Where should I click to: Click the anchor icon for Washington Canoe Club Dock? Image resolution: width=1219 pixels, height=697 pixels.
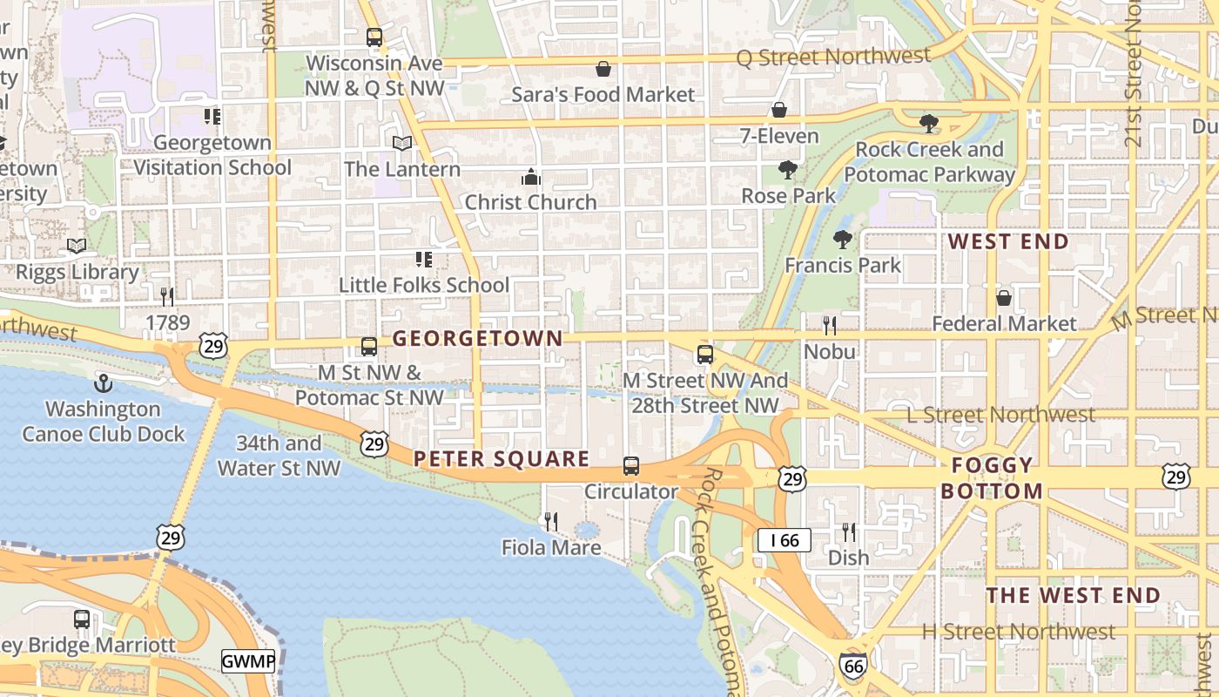coord(103,383)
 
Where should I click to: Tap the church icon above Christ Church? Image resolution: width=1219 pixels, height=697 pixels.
coord(530,178)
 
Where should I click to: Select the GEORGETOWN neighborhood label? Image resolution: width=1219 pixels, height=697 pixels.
coord(477,339)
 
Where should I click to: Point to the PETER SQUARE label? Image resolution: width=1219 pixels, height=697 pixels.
coord(502,459)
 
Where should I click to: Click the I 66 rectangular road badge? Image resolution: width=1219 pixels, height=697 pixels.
coord(784,540)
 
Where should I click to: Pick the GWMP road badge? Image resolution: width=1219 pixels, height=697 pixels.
coord(248,661)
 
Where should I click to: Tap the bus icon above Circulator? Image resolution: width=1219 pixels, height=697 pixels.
coord(631,466)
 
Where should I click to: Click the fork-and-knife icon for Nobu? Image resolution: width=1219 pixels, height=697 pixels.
coord(830,326)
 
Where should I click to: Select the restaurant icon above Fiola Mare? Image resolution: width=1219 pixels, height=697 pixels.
coord(551,522)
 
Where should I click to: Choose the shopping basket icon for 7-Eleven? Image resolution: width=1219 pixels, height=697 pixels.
coord(779,110)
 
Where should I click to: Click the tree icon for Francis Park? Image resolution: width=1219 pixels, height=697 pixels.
coord(842,239)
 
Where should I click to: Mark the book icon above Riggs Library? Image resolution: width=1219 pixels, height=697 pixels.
coord(77,247)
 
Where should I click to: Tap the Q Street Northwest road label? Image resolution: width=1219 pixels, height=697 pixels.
coord(833,57)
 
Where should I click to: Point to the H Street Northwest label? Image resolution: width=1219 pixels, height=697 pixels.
coord(1018,632)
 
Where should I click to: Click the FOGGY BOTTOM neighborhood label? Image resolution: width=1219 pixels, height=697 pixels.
coord(992,477)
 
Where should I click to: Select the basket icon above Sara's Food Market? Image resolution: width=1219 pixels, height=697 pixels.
coord(603,69)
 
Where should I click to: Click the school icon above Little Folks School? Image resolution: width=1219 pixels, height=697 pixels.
coord(424,259)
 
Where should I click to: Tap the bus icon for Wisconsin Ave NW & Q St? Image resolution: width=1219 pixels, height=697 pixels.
coord(374,37)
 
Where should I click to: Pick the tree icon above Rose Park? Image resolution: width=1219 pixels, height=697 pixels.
coord(788,169)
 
